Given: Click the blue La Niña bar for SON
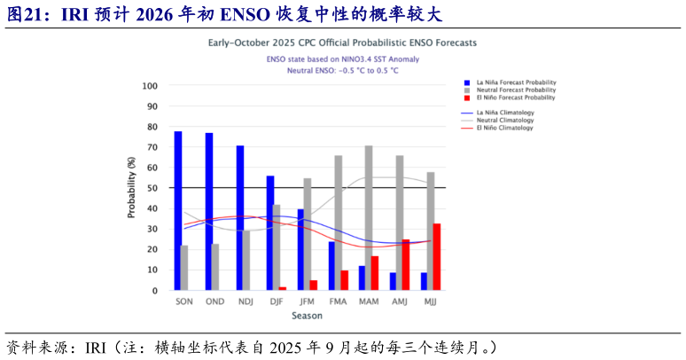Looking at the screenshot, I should tap(177, 211).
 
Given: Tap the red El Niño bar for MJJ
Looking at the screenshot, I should tap(437, 257).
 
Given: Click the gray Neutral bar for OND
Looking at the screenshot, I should tap(215, 267).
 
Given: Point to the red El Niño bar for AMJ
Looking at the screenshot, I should tap(406, 264).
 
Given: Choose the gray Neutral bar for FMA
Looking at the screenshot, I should tap(338, 223).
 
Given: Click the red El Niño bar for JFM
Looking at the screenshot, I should tap(313, 286).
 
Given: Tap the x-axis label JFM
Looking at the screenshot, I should tap(308, 302).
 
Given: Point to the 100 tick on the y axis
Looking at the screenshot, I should tap(150, 86).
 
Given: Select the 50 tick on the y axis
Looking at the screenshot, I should tap(152, 188).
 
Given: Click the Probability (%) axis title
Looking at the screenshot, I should tap(131, 187).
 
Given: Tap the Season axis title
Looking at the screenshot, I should tap(308, 315).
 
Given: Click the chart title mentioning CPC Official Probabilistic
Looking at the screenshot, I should tap(342, 43).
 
